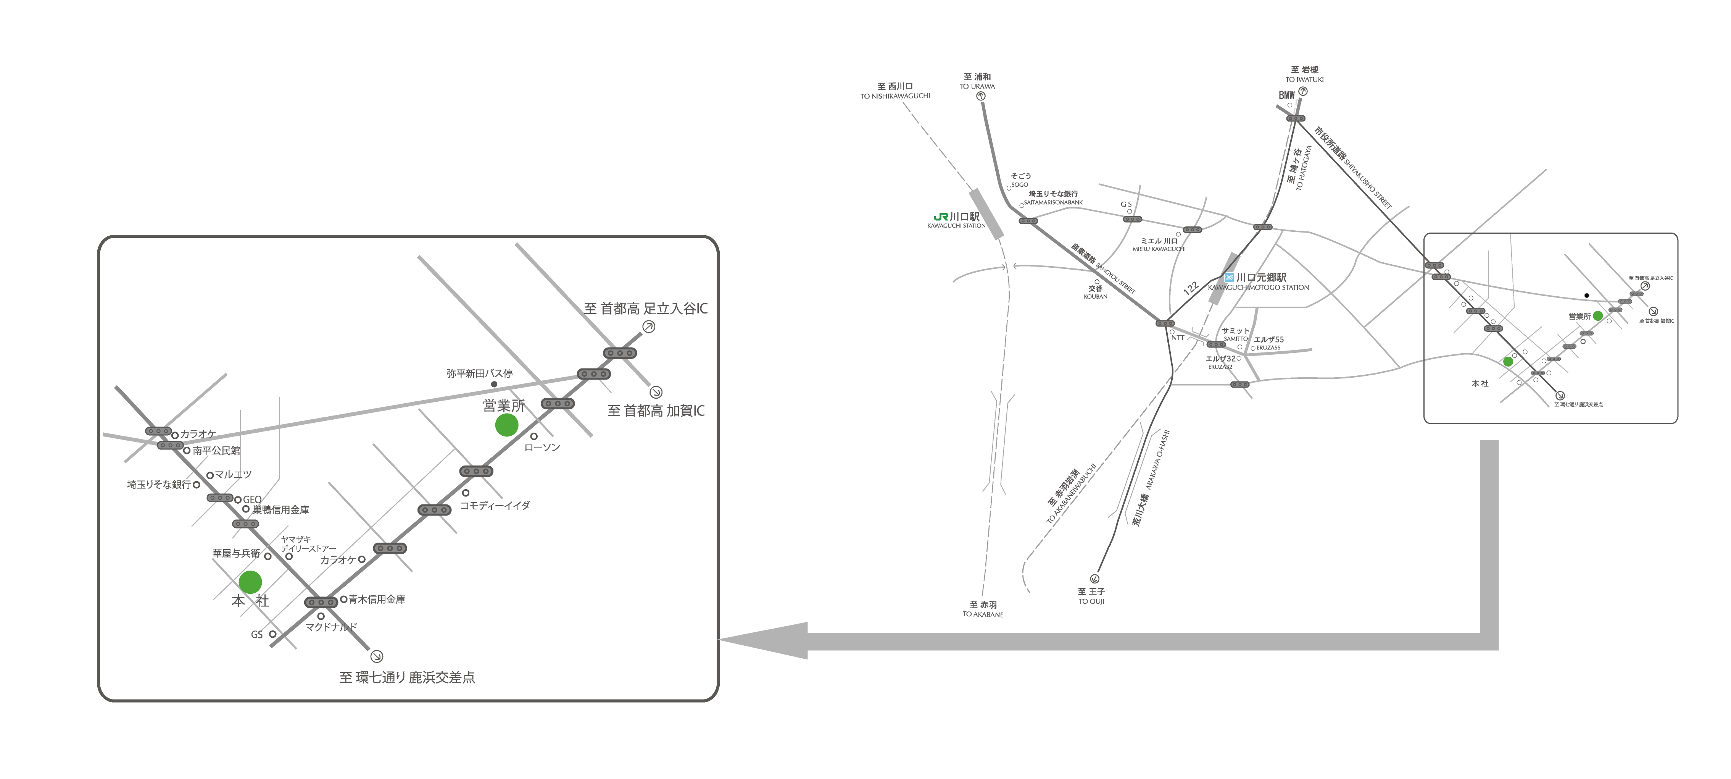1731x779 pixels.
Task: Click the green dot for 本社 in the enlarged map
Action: (250, 582)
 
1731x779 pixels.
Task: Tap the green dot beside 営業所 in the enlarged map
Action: (506, 425)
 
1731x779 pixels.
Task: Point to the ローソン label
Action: (542, 448)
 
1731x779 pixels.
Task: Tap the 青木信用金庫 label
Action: (377, 600)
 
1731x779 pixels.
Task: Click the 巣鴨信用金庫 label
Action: (281, 510)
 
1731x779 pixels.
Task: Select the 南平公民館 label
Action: (216, 451)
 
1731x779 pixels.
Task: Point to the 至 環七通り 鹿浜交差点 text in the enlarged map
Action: (407, 677)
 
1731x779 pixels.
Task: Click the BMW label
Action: (1286, 95)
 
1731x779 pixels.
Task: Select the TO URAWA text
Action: (977, 87)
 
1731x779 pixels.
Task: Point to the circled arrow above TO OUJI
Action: (1094, 579)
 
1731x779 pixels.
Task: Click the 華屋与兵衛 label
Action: (236, 554)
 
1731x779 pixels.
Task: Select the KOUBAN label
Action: (1095, 296)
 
